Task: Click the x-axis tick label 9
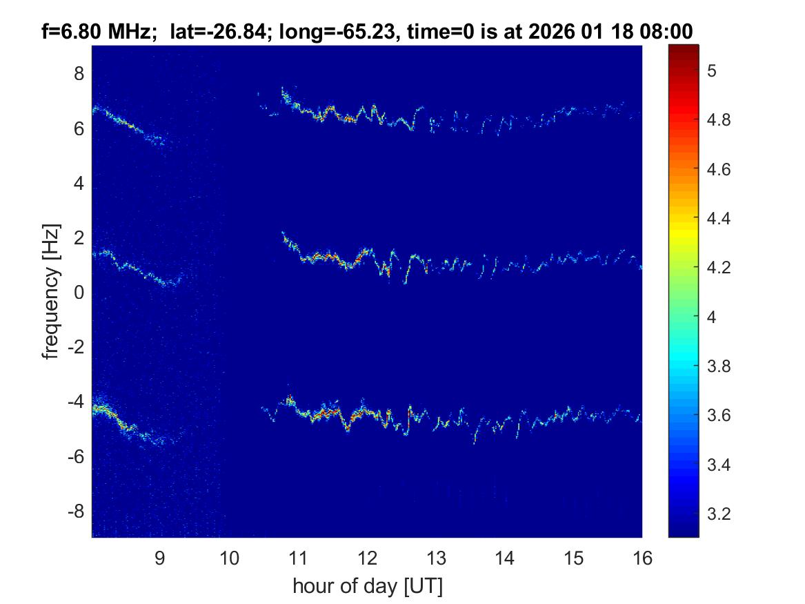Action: pyautogui.click(x=159, y=558)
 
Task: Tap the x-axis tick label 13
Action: pyautogui.click(x=435, y=558)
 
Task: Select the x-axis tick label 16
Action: pyautogui.click(x=642, y=558)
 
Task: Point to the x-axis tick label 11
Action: pyautogui.click(x=297, y=558)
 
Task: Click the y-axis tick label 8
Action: pyautogui.click(x=79, y=73)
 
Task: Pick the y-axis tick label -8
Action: pyautogui.click(x=76, y=512)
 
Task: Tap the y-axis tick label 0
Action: pyautogui.click(x=79, y=293)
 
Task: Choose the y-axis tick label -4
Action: pyautogui.click(x=76, y=402)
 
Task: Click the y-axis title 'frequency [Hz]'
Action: pyautogui.click(x=50, y=291)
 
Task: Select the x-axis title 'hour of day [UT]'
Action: pyautogui.click(x=368, y=587)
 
